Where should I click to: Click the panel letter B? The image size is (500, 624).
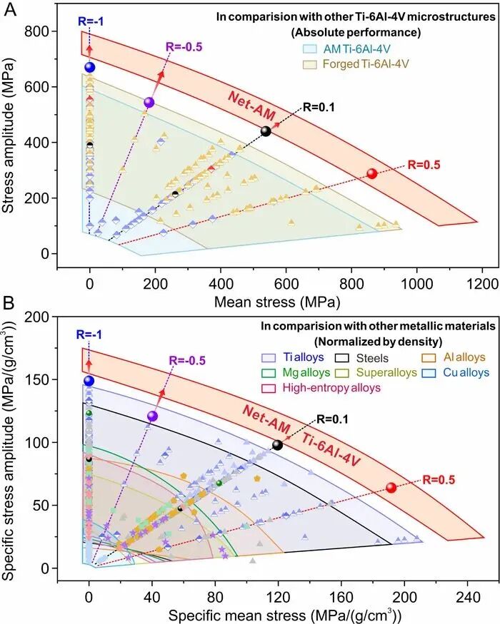11,312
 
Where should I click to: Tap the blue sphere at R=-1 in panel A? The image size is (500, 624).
90,67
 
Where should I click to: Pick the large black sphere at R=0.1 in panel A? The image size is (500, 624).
266,131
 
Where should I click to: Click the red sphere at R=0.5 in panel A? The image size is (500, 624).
371,173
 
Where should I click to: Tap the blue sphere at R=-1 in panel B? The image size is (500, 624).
89,380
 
